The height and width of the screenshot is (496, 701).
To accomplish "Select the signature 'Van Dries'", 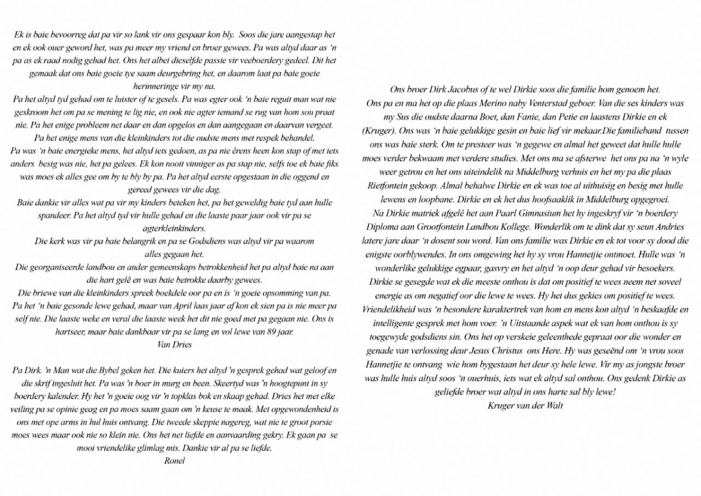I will click(x=175, y=345).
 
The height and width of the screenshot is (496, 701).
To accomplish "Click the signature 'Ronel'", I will click(x=175, y=461).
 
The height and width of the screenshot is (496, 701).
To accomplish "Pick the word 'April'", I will click(x=203, y=306).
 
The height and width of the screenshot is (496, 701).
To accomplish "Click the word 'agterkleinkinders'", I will click(x=175, y=228).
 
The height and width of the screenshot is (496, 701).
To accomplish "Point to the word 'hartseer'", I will click(x=27, y=332).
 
